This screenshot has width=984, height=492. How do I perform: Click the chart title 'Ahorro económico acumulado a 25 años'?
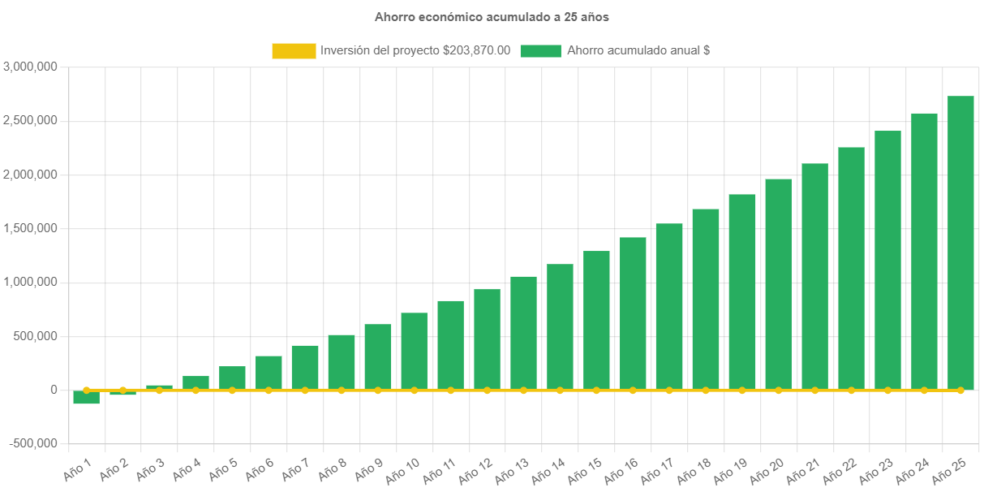[492, 16]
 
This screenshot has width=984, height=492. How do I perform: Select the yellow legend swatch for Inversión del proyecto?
[294, 50]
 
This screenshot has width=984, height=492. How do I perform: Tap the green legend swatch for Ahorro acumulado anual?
[540, 50]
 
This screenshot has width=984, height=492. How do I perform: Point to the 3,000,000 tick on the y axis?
[30, 67]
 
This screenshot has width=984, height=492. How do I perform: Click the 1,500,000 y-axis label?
[30, 228]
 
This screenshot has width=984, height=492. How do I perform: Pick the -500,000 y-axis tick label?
[34, 443]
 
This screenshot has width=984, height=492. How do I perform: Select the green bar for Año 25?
[960, 244]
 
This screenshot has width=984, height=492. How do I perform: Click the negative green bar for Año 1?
[86, 397]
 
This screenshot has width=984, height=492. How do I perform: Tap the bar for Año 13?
[523, 333]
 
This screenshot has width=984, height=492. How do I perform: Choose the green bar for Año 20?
[778, 284]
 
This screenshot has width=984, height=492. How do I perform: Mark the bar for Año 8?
[342, 362]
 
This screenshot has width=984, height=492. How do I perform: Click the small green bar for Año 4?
[196, 382]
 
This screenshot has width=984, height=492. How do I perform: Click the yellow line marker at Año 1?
[86, 390]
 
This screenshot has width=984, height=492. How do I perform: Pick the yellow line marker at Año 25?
[960, 391]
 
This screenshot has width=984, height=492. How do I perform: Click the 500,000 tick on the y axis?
[34, 336]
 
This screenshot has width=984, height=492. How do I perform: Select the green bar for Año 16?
[633, 313]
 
